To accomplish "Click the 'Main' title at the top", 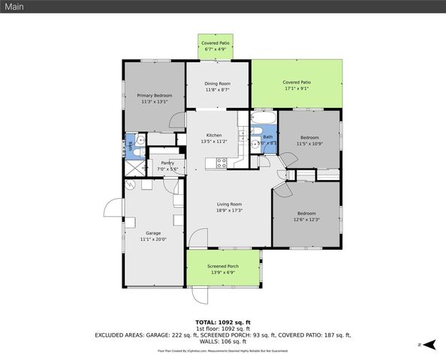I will pyautogui.click(x=15, y=7).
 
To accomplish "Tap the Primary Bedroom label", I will pyautogui.click(x=154, y=95).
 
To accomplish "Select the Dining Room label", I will pyautogui.click(x=218, y=83).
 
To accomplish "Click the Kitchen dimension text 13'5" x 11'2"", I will pyautogui.click(x=214, y=141).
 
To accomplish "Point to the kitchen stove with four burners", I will pyautogui.click(x=221, y=161).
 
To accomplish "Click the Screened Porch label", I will pyautogui.click(x=223, y=265).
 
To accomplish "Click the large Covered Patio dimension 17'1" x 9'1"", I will pyautogui.click(x=297, y=88).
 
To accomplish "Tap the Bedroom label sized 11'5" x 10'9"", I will pyautogui.click(x=310, y=137).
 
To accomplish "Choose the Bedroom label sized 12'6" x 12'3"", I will pyautogui.click(x=306, y=213).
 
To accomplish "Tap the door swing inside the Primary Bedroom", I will pyautogui.click(x=176, y=120).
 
